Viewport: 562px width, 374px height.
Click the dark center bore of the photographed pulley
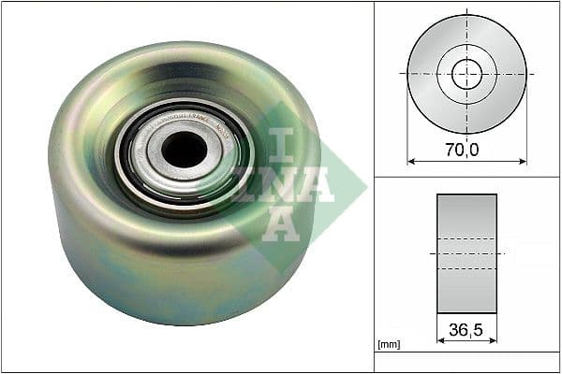pyautogui.click(x=184, y=149)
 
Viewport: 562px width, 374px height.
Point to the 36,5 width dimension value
pyautogui.click(x=466, y=329)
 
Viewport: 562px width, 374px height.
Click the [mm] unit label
pyautogui.click(x=387, y=346)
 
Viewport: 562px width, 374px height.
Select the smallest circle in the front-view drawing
pyautogui.click(x=466, y=74)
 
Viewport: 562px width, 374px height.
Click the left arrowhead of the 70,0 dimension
pyautogui.click(x=411, y=161)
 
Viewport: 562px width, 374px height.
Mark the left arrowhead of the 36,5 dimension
pyautogui.click(x=440, y=342)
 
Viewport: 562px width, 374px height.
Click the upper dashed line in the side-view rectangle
pyautogui.click(x=466, y=237)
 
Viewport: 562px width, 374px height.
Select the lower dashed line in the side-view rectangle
pyautogui.click(x=466, y=269)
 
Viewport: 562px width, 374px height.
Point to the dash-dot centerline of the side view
pyautogui.click(x=466, y=253)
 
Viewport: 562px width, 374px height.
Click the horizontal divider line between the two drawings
pyautogui.click(x=466, y=177)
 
